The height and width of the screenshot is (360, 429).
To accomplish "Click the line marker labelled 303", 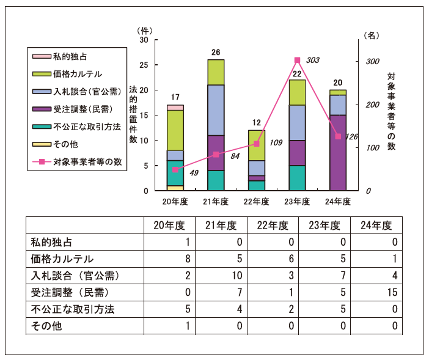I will click(x=298, y=60).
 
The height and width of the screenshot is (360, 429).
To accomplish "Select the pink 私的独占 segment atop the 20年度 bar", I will click(x=175, y=108).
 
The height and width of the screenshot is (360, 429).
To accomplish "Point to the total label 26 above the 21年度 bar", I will click(x=216, y=53).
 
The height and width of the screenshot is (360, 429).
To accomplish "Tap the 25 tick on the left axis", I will click(x=144, y=65).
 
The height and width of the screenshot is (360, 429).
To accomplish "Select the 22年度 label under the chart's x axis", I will click(x=257, y=201).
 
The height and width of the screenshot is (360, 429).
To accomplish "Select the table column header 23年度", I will click(x=324, y=225).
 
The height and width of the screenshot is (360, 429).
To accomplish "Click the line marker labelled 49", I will click(x=175, y=170).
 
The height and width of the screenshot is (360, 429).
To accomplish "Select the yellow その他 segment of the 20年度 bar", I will click(x=175, y=188).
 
